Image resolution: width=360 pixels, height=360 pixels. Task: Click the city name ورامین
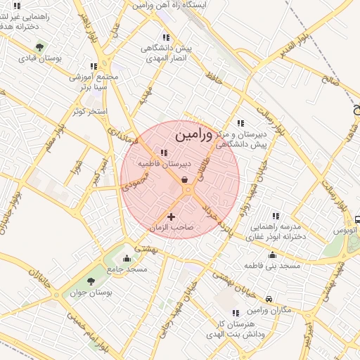[x=191, y=132]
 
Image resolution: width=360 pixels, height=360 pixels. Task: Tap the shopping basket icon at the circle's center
[x=184, y=180]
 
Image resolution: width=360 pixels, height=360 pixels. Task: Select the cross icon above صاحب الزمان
[x=171, y=216]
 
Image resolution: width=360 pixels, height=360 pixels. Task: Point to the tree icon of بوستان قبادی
[x=40, y=47]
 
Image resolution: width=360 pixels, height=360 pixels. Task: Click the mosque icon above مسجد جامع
[x=127, y=258]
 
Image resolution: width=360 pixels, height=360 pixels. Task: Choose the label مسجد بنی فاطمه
[x=272, y=266]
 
